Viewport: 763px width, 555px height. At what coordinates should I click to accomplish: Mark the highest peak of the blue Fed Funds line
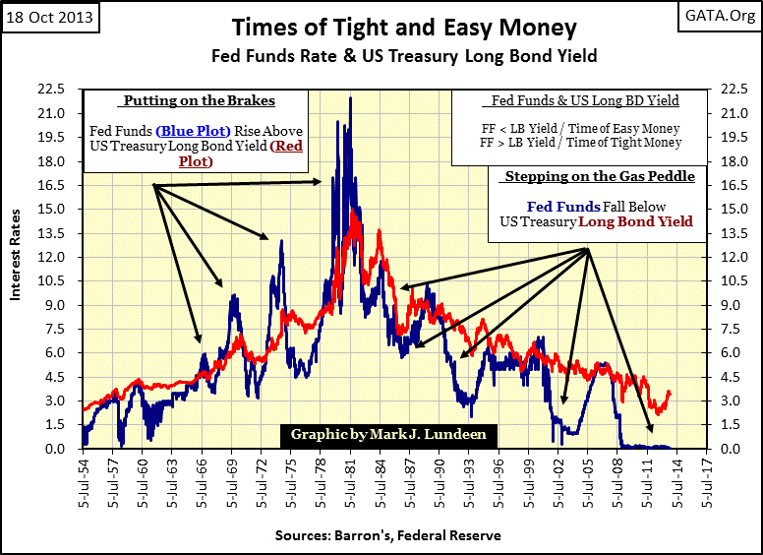[x=350, y=97]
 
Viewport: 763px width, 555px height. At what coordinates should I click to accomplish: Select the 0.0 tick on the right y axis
[x=734, y=449]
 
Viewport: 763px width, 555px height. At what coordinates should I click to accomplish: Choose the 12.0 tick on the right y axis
[x=734, y=257]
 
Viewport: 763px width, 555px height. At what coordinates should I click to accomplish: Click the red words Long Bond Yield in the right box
[x=635, y=222]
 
